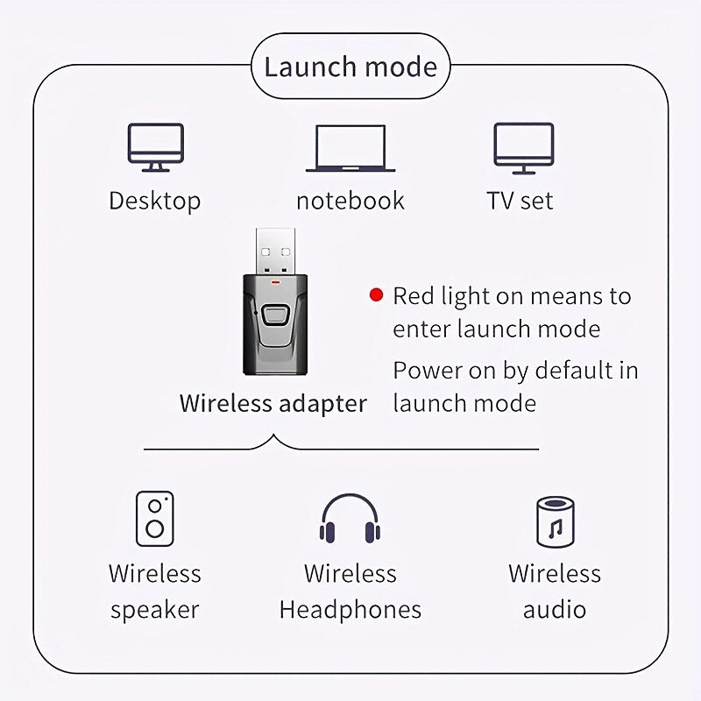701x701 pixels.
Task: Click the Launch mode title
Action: point(350,67)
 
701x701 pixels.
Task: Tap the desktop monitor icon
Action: point(156,147)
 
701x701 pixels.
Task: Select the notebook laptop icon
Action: point(350,148)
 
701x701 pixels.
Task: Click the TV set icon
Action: point(523,148)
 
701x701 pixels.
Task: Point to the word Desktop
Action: point(155,201)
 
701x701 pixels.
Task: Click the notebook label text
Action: point(350,201)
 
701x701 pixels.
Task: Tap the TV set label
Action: point(520,201)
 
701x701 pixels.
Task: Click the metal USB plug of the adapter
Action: point(275,251)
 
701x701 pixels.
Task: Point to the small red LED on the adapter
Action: point(275,282)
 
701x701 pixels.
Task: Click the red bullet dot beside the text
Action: point(377,295)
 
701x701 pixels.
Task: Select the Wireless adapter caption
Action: point(273,403)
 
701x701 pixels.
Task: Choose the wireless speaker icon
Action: point(155,519)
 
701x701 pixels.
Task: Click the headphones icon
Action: point(350,519)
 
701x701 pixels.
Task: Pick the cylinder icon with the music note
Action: point(556,522)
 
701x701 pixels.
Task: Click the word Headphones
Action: point(350,610)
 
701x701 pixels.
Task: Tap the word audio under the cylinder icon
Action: point(555,610)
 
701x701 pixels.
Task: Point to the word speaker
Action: point(155,610)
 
